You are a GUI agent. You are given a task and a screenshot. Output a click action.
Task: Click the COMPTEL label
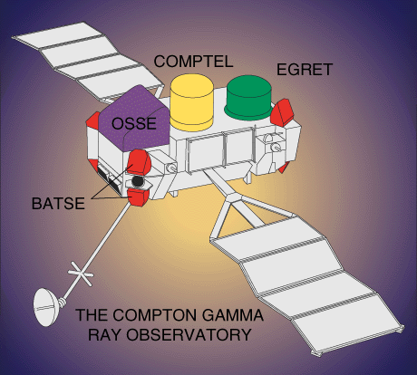[193, 62]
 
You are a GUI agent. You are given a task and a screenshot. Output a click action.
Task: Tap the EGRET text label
[305, 70]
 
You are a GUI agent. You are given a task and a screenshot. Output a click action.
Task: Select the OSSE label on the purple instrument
[134, 123]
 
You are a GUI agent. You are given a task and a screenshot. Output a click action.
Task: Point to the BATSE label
[58, 204]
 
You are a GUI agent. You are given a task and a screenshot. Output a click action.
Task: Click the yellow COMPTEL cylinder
[191, 102]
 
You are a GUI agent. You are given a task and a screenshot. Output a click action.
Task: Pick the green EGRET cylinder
[249, 97]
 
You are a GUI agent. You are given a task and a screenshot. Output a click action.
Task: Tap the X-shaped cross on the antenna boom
[81, 274]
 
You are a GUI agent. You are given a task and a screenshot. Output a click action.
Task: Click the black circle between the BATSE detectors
[138, 181]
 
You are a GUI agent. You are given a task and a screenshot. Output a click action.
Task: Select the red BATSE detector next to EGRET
[282, 113]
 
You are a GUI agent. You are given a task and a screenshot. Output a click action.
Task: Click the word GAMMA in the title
[232, 315]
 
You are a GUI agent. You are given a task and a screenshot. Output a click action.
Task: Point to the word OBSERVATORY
[189, 334]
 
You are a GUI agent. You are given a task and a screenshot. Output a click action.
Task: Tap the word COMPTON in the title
[154, 315]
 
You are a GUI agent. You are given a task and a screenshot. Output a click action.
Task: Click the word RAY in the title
[104, 334]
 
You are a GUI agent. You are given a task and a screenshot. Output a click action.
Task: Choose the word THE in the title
[92, 315]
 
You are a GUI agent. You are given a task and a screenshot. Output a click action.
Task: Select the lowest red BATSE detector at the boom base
[139, 197]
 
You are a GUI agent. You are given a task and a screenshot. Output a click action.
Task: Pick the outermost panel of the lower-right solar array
[347, 326]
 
